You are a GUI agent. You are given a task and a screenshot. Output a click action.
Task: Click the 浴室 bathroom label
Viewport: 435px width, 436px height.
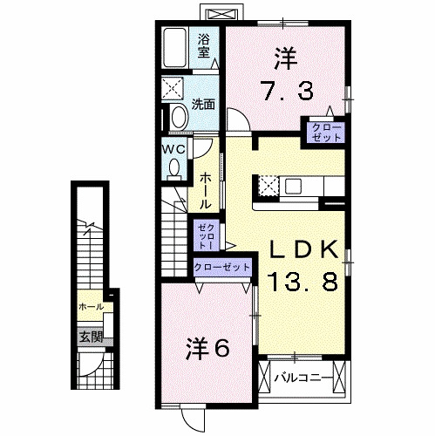204,45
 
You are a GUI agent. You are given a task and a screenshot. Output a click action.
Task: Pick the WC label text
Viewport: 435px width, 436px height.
172,148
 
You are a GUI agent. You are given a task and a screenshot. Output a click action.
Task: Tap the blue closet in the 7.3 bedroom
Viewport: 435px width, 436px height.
323,133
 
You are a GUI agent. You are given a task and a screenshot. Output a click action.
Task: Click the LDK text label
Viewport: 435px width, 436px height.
302,250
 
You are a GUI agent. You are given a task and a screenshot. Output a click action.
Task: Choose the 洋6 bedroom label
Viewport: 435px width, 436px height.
207,350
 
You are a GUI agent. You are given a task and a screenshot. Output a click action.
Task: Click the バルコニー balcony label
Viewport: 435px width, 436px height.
298,378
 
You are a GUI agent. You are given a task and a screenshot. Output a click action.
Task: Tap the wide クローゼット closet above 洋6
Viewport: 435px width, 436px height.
221,267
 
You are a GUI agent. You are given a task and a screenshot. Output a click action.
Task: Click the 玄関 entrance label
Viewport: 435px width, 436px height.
91,337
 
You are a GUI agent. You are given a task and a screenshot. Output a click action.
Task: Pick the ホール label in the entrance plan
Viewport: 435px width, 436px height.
91,307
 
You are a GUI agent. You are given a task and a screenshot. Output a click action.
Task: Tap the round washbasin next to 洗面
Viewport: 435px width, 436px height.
178,118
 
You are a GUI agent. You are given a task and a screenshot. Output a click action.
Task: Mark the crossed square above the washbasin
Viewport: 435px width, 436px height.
173,88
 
